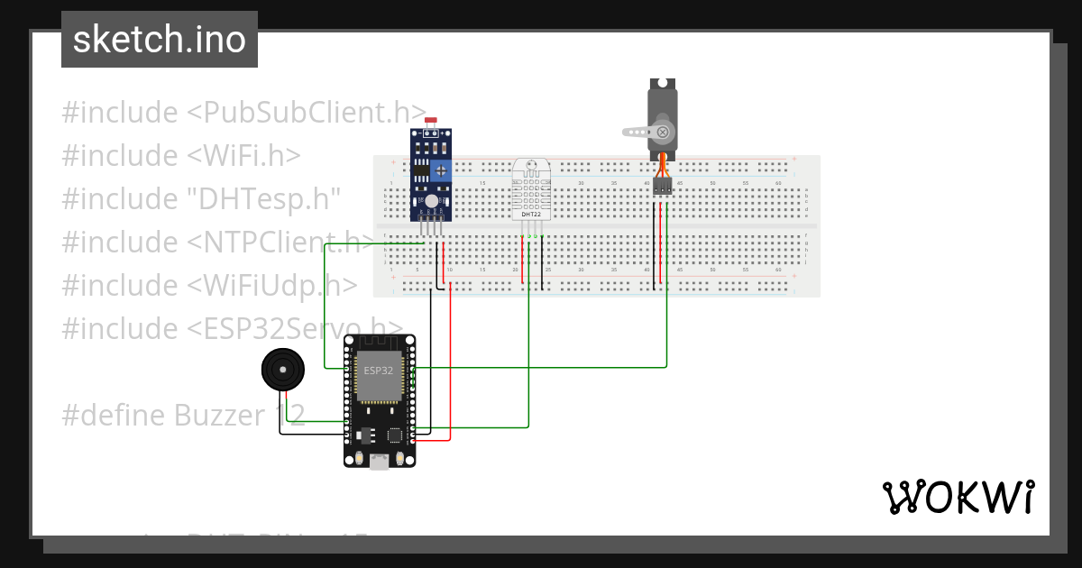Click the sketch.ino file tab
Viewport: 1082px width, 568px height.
click(x=160, y=40)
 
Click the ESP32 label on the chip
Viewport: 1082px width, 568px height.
click(x=378, y=370)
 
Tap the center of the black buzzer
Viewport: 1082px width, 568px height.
click(x=283, y=370)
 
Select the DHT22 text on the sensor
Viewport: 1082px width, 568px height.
click(x=530, y=213)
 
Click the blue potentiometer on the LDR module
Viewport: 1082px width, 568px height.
click(x=440, y=169)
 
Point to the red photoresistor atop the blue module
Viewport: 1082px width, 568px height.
click(x=431, y=120)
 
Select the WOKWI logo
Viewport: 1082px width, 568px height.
click(x=957, y=497)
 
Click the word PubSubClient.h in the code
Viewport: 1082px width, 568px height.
click(x=307, y=113)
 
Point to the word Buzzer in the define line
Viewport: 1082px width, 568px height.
click(x=220, y=416)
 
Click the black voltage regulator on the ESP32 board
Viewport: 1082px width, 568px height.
click(x=363, y=435)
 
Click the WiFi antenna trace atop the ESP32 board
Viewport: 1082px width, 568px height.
click(x=380, y=344)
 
